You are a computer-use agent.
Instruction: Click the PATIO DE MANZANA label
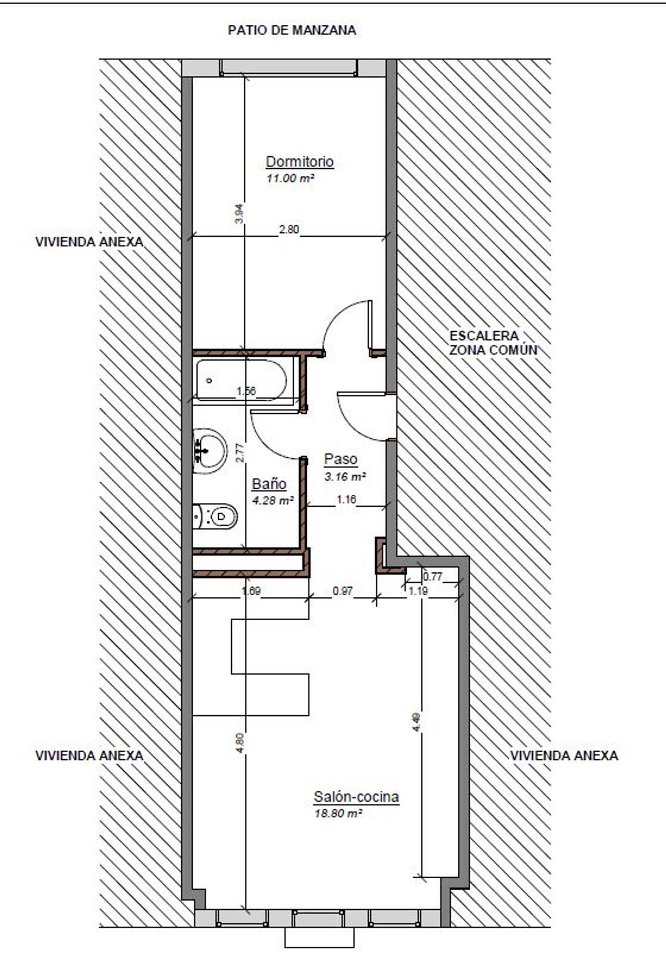pos(292,30)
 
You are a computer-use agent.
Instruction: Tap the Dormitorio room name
pos(299,161)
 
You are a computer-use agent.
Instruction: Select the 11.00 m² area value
pos(290,179)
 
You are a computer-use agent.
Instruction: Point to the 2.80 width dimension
pos(289,230)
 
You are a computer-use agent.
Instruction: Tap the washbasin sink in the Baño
pos(210,451)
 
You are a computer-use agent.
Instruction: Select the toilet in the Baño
pos(215,516)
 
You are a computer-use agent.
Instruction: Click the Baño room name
pos(269,484)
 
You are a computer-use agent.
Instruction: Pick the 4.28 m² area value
pos(273,500)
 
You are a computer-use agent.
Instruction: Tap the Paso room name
pos(341,459)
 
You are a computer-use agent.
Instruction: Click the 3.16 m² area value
pos(345,477)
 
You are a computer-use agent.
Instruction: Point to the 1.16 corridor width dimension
pos(346,500)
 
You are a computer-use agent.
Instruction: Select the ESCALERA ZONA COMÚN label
pos(493,343)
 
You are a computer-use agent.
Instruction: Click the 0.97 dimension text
pos(343,591)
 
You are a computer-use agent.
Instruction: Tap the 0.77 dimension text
pos(432,577)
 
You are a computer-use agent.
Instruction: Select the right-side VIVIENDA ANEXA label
pos(564,755)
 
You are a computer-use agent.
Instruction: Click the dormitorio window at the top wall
pos(289,67)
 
